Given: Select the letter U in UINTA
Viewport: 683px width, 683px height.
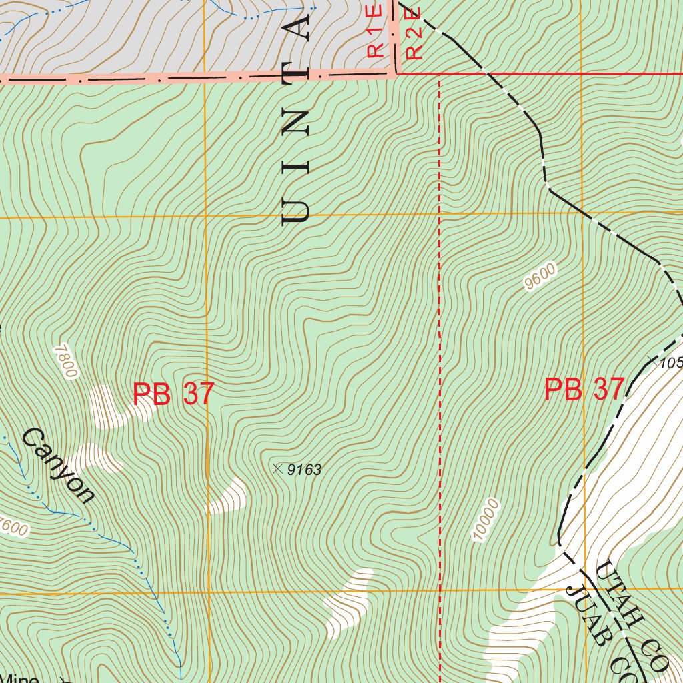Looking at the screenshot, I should pyautogui.click(x=297, y=207).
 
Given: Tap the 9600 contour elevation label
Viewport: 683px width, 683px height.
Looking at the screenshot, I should pyautogui.click(x=540, y=277).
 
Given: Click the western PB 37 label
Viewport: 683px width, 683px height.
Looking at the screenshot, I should pyautogui.click(x=173, y=394).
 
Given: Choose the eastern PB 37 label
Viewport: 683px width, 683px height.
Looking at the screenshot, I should pyautogui.click(x=584, y=390).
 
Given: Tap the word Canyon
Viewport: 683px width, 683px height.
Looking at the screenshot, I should pyautogui.click(x=58, y=465).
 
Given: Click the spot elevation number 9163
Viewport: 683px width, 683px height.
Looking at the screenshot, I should pyautogui.click(x=304, y=470).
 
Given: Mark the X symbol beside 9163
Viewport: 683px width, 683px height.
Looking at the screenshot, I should pyautogui.click(x=277, y=469).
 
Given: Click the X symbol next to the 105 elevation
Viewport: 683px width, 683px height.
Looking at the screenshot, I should pyautogui.click(x=651, y=361).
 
